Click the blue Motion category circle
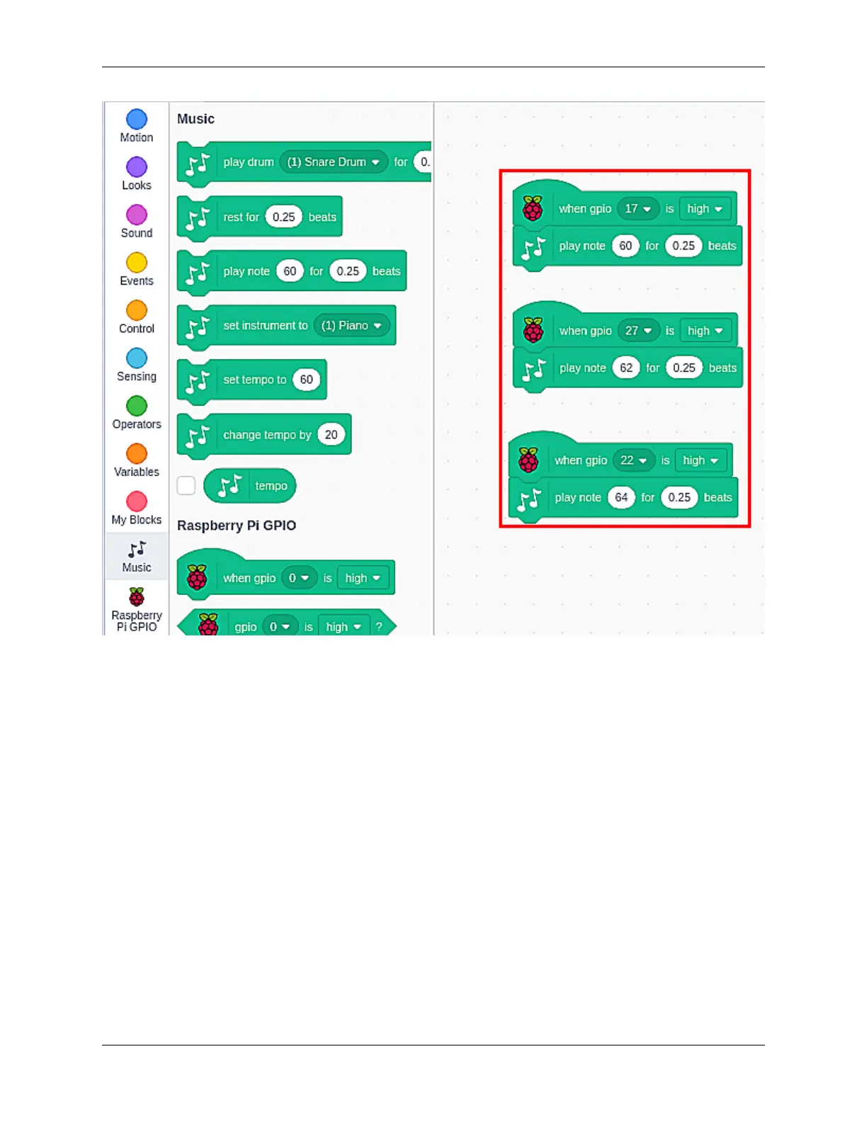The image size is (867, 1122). (137, 119)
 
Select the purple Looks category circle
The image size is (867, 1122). (137, 167)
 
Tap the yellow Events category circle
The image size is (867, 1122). (137, 263)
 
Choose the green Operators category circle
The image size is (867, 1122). (137, 406)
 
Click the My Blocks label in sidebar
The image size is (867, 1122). (137, 520)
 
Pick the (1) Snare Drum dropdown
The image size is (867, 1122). (334, 162)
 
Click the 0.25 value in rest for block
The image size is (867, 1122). (283, 217)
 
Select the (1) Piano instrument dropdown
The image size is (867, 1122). (352, 326)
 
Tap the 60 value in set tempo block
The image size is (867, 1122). (306, 380)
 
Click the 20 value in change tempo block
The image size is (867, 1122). (331, 435)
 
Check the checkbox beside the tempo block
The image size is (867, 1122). (186, 486)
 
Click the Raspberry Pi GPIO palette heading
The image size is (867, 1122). (237, 526)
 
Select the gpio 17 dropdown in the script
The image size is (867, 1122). (637, 209)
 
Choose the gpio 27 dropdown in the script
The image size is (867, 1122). (638, 331)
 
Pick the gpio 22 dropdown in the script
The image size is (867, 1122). (633, 460)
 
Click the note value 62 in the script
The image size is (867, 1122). (626, 368)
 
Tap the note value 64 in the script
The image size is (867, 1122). (621, 497)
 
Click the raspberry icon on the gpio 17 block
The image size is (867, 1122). (533, 208)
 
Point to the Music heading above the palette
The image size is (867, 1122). (195, 119)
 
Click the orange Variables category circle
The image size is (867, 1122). (137, 454)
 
